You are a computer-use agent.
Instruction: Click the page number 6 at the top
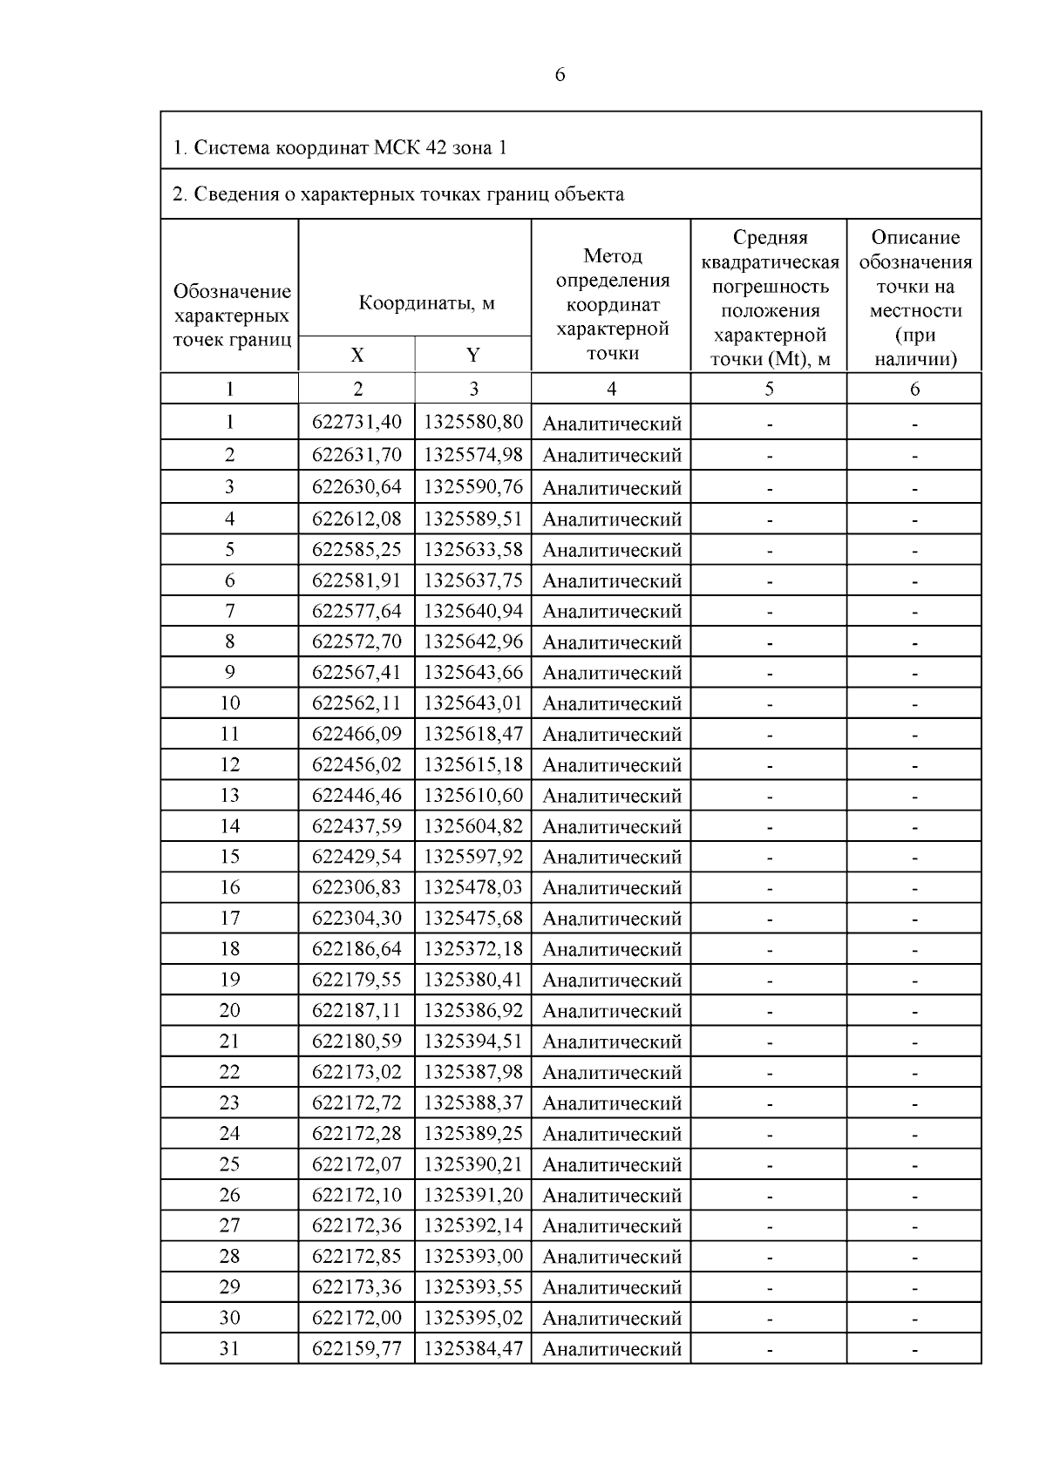(560, 75)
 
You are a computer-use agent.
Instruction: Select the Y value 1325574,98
(473, 454)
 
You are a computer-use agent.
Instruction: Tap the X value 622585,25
(357, 550)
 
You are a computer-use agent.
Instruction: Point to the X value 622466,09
(357, 734)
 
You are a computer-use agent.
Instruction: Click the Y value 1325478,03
(473, 887)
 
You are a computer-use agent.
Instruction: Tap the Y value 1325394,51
(473, 1041)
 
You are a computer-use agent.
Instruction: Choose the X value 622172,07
(357, 1164)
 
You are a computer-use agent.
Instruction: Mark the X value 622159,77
(357, 1348)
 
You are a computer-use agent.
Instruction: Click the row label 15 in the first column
(229, 857)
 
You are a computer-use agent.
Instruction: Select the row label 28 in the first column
(229, 1256)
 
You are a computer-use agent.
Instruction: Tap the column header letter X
(357, 355)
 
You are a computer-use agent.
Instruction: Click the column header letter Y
(473, 355)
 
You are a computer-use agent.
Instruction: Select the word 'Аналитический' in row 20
(612, 1011)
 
